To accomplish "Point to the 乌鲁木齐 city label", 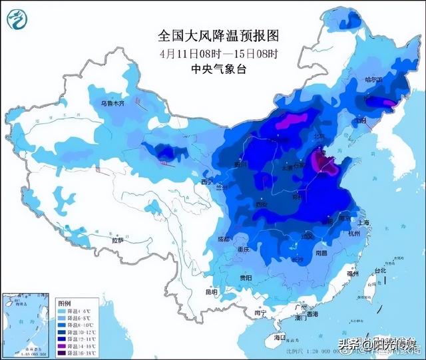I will (113, 104).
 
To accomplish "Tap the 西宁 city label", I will (207, 182).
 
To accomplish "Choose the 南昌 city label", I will (321, 253).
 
